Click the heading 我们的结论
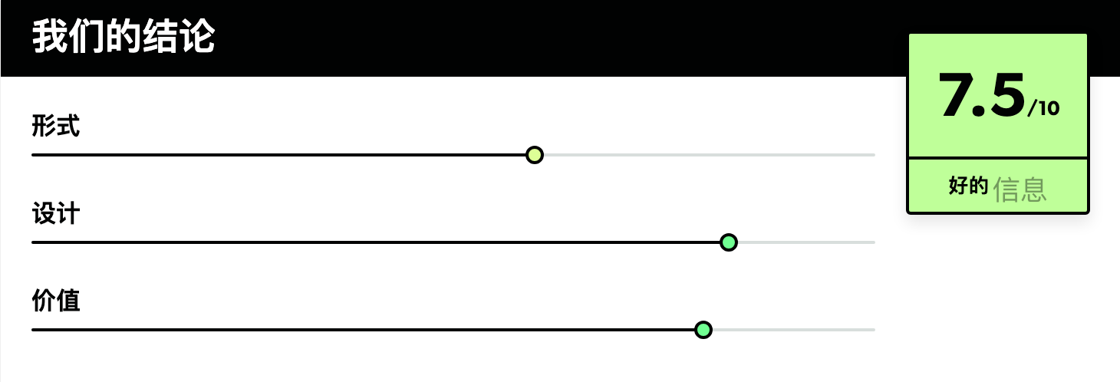pyautogui.click(x=124, y=36)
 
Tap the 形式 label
pyautogui.click(x=55, y=126)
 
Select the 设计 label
pyautogui.click(x=55, y=213)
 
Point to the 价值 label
pyautogui.click(x=55, y=301)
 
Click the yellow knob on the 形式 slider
pyautogui.click(x=535, y=155)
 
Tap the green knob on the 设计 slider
pyautogui.click(x=729, y=242)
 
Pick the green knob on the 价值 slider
pyautogui.click(x=703, y=330)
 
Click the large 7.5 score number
pyautogui.click(x=982, y=95)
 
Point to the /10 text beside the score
pyautogui.click(x=1043, y=108)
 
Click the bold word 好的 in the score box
pyautogui.click(x=968, y=186)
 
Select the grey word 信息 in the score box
pyautogui.click(x=1020, y=189)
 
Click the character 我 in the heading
pyautogui.click(x=50, y=36)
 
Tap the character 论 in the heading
pyautogui.click(x=197, y=36)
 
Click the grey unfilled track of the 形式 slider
pyautogui.click(x=710, y=155)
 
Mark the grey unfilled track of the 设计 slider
pyautogui.click(x=806, y=242)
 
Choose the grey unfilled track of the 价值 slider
pyautogui.click(x=794, y=330)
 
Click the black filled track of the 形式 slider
pyautogui.click(x=278, y=155)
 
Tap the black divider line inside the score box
pyautogui.click(x=998, y=158)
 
